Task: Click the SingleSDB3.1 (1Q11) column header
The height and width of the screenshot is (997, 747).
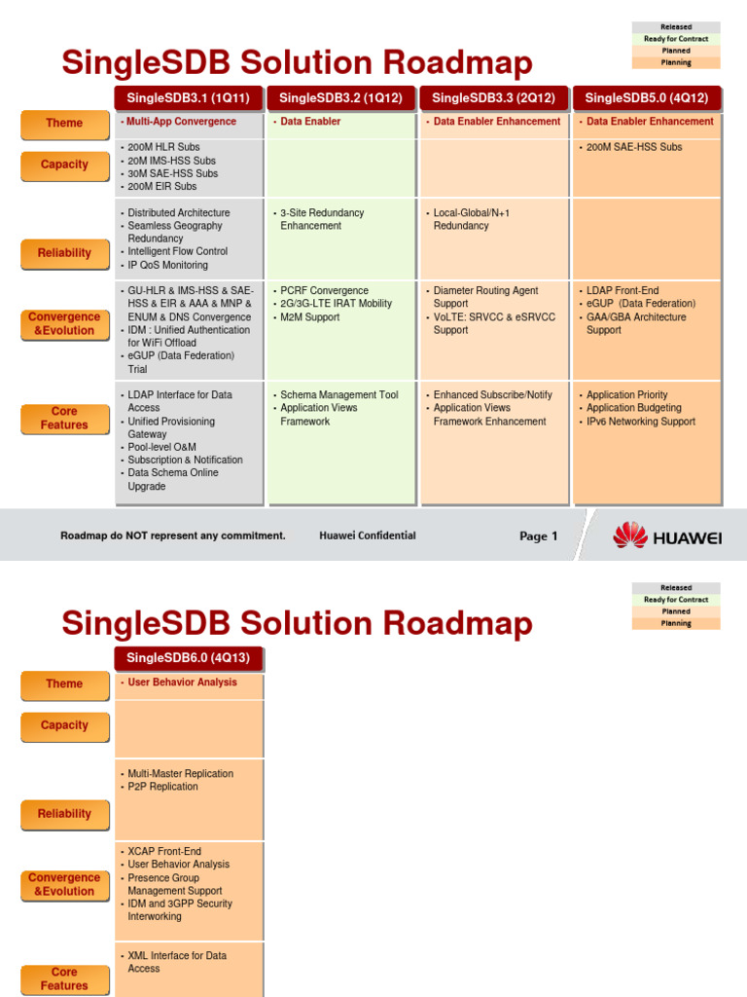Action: pos(188,97)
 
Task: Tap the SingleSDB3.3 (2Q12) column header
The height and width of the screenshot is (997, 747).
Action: pos(493,97)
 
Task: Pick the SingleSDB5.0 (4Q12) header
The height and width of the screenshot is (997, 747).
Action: pos(647,97)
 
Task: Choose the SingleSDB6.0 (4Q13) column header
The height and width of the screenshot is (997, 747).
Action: pos(188,658)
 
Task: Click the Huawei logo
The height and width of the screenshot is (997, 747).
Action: pos(666,535)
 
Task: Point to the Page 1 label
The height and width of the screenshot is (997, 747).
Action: pos(539,536)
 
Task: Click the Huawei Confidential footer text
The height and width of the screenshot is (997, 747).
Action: pos(367,535)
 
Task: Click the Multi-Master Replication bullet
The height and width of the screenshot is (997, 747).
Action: pos(180,774)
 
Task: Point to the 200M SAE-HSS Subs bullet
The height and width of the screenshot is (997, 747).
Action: pos(634,147)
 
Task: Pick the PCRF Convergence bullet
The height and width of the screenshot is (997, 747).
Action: pos(324,290)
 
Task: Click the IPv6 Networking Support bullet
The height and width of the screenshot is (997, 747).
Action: pos(640,422)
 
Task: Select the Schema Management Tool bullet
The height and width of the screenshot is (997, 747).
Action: pos(338,395)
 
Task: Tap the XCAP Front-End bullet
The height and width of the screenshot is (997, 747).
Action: pos(164,851)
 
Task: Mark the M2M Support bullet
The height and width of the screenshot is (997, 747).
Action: pos(309,317)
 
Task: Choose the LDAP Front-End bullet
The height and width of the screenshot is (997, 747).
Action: pos(622,290)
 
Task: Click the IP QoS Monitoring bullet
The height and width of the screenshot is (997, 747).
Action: pos(167,265)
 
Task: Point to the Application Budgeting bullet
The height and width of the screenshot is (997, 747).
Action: pos(633,408)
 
